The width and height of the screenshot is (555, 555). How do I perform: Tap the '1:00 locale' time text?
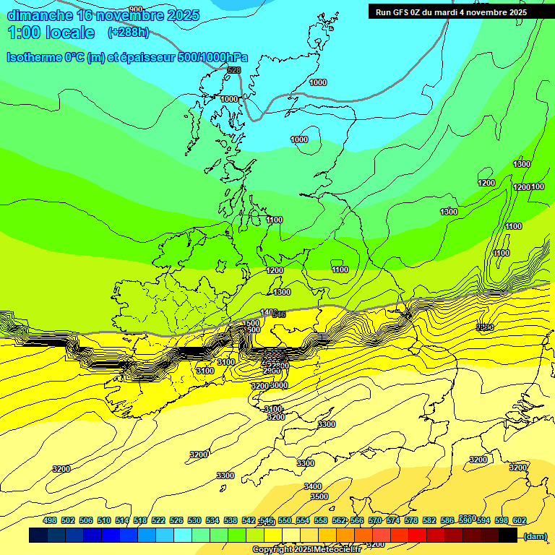[x=51, y=33]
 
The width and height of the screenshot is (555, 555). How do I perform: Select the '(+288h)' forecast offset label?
[x=128, y=33]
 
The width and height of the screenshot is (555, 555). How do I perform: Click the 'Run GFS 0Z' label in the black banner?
[x=401, y=12]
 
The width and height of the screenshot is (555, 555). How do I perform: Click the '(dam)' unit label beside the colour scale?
[x=535, y=535]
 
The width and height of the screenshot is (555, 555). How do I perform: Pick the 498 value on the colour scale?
[x=50, y=520]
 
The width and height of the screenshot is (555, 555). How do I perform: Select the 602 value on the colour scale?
[x=520, y=520]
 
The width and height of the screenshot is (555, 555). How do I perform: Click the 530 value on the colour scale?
[x=194, y=520]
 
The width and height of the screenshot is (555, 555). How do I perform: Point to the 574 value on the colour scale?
[x=393, y=520]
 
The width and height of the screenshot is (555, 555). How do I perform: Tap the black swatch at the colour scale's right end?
[x=508, y=535]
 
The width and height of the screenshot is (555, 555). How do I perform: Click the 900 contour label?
[x=135, y=9]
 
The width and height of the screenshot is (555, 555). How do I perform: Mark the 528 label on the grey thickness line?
[x=233, y=70]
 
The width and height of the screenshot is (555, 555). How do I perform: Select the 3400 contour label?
[x=313, y=486]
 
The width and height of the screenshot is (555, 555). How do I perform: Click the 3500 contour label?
[x=319, y=496]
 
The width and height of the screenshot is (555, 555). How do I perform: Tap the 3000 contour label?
[x=279, y=385]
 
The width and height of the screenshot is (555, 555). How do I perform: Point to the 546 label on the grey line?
[x=279, y=314]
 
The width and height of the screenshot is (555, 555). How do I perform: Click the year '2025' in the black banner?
[x=515, y=12]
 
